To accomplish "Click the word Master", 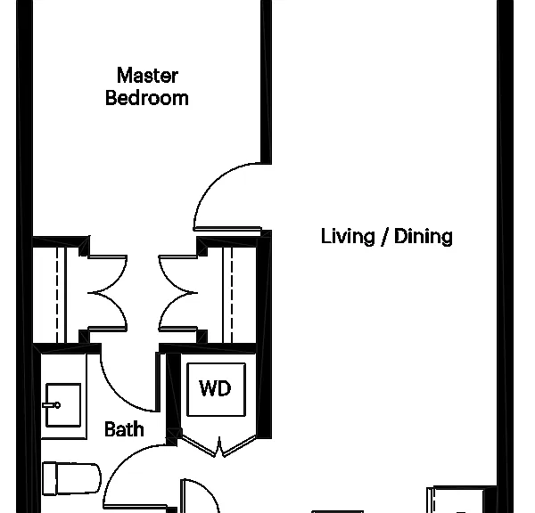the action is point(147,76).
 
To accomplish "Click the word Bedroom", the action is point(147,98).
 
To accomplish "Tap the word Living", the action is point(348,237).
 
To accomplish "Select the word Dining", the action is point(424,237).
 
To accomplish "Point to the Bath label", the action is point(124,429).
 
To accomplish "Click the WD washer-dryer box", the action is point(217,389).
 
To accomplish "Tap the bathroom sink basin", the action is point(63,405).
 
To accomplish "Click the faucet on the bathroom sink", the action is point(52,405).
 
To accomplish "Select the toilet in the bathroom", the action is point(71,478).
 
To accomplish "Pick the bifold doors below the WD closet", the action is point(218,446).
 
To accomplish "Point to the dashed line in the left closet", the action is point(57,295).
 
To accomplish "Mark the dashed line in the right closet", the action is point(232,295).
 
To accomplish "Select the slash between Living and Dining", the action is point(385,237).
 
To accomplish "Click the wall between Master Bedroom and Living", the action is point(266,82).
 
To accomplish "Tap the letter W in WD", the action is point(207,388).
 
